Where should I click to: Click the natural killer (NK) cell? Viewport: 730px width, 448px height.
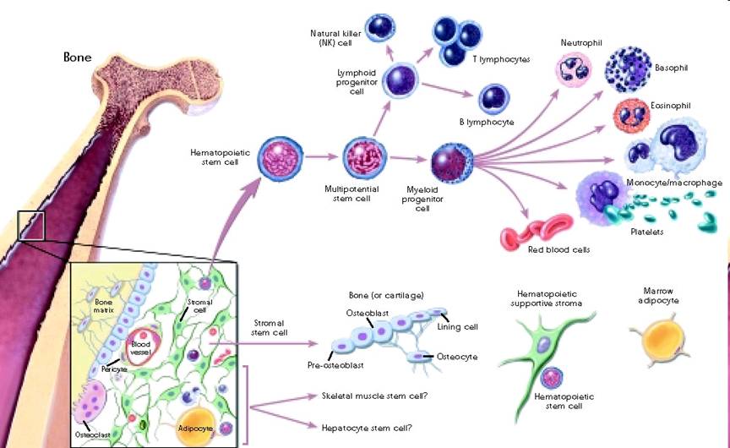click(x=380, y=28)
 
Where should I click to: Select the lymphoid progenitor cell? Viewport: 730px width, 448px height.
click(x=400, y=79)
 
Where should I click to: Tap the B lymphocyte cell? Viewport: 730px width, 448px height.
click(x=494, y=99)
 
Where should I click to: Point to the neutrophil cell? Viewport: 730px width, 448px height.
click(x=574, y=69)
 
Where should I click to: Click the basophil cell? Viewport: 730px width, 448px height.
click(x=628, y=70)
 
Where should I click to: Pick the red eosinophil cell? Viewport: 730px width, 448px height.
click(x=631, y=116)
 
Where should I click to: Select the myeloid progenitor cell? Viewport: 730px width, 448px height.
click(x=452, y=162)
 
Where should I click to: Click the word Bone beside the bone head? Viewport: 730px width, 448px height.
click(x=77, y=57)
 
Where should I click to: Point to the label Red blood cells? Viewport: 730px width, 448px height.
click(x=558, y=249)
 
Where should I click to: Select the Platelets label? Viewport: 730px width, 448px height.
click(x=646, y=232)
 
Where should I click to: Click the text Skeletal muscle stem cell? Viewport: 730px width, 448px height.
click(x=374, y=396)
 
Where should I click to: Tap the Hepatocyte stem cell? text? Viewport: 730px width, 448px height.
click(x=367, y=428)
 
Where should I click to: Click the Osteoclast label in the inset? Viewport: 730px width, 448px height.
click(x=93, y=434)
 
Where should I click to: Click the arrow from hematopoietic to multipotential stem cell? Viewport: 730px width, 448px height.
click(x=321, y=157)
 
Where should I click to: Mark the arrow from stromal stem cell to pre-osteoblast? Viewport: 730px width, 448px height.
click(x=264, y=344)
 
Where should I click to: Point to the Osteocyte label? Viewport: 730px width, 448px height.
click(x=457, y=357)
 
